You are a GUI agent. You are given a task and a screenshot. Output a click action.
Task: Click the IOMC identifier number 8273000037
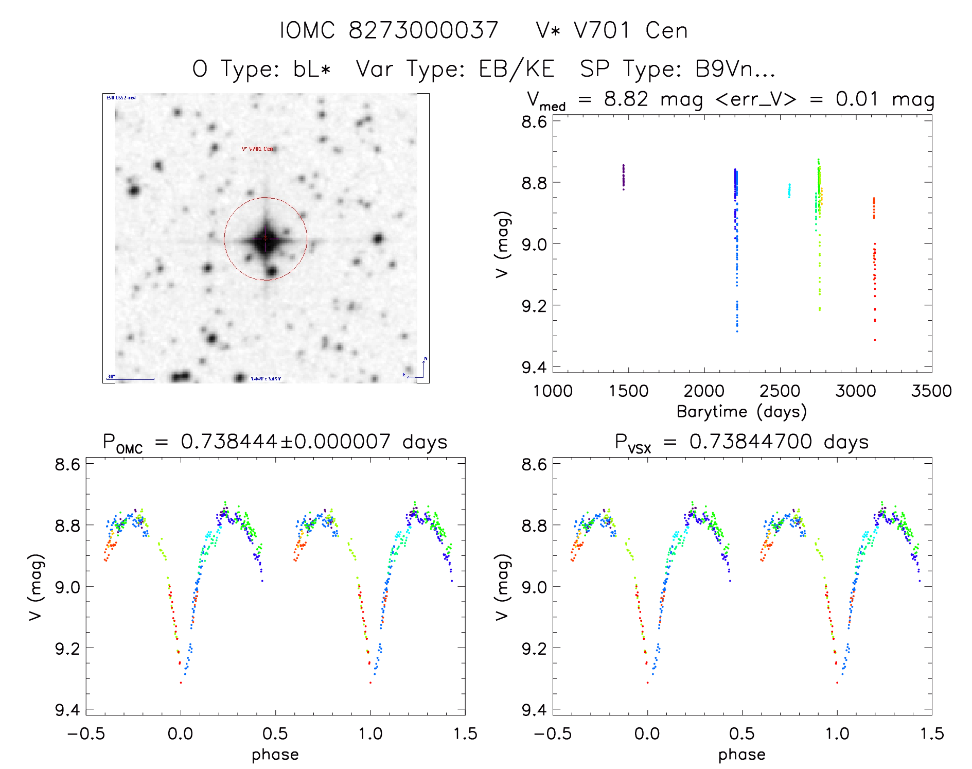423,30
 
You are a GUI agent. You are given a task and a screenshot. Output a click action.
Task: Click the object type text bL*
312,69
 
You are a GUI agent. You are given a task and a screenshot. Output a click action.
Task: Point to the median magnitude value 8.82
626,99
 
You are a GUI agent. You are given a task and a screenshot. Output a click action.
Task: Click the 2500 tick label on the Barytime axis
780,391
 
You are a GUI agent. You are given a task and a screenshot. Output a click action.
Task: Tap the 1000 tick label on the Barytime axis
553,391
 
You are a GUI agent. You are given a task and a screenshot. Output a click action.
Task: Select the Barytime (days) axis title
741,412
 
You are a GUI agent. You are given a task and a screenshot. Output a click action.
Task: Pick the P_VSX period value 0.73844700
751,442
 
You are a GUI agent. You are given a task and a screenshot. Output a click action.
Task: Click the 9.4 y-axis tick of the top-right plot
534,367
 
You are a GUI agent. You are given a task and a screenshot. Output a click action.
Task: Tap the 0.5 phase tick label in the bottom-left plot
275,733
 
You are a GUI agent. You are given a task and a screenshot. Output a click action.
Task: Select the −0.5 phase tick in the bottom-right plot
553,733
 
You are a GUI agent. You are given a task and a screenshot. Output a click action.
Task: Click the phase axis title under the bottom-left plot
275,755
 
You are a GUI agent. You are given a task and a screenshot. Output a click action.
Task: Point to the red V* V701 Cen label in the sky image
257,149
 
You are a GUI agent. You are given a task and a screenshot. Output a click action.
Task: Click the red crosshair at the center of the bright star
266,238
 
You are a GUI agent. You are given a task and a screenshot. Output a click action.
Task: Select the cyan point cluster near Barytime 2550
789,190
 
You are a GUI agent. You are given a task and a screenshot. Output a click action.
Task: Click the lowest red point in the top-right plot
875,340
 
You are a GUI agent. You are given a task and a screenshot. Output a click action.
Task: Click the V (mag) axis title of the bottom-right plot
502,587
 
